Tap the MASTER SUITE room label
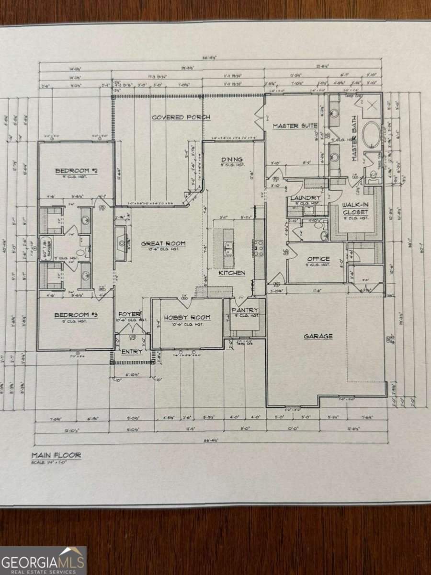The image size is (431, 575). coord(295,126)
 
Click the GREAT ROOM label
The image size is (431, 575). coord(163,243)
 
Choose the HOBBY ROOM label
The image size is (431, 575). coord(186,317)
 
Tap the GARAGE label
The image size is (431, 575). coord(318,336)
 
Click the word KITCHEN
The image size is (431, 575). coord(232,273)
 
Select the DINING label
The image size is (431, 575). coord(231,160)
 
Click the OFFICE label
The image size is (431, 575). coord(318,259)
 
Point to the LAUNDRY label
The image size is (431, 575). coord(305,197)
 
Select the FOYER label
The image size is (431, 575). coord(129,314)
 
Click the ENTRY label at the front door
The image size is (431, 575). coord(131,351)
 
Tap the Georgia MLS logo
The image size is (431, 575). coord(43,560)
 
